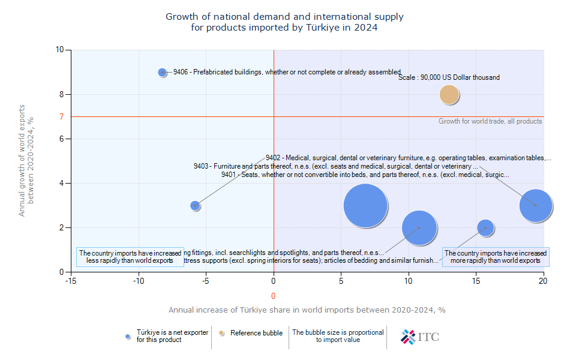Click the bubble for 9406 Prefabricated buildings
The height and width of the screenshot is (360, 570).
click(163, 72)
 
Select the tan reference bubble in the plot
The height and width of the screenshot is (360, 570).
click(449, 94)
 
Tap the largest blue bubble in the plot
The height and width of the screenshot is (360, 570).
click(365, 205)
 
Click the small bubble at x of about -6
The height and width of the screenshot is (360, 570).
click(195, 205)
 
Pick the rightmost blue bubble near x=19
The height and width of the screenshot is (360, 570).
click(536, 205)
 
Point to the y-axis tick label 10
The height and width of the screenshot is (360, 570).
click(60, 50)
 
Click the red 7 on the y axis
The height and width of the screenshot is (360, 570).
click(61, 116)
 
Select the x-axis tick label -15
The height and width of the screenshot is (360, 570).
click(71, 280)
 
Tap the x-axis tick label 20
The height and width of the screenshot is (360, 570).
click(544, 280)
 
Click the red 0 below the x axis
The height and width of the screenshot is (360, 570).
click(274, 296)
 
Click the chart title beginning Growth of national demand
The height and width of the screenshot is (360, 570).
click(284, 22)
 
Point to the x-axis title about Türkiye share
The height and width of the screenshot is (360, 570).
click(307, 310)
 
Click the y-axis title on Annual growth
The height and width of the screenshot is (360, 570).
click(26, 160)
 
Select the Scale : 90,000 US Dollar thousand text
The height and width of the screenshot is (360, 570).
click(449, 77)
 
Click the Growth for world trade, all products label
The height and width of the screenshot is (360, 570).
click(490, 121)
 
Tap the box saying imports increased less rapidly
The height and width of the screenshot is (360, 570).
click(130, 257)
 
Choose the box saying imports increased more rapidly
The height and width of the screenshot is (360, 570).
click(495, 257)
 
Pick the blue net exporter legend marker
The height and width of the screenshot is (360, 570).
click(128, 336)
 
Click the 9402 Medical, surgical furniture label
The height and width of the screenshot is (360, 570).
click(408, 158)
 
